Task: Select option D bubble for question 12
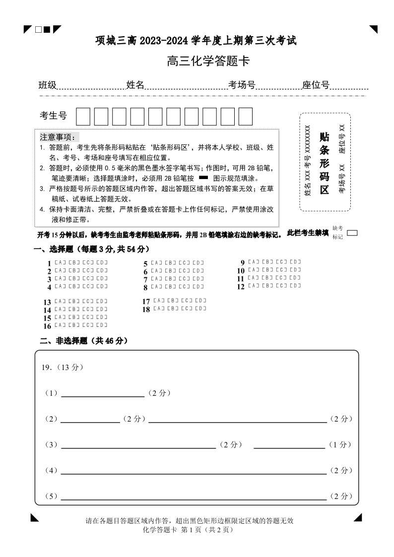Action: [x=295, y=285]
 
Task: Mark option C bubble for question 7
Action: [x=185, y=279]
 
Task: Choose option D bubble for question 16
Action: [x=102, y=325]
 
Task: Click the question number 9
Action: [x=243, y=262]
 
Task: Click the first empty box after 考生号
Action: [x=83, y=117]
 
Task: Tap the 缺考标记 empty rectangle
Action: [x=352, y=232]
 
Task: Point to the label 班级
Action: [x=48, y=85]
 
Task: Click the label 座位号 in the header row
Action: [x=316, y=85]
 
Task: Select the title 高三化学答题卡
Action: [x=208, y=62]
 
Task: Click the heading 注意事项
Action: [x=58, y=137]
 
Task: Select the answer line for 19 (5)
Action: [x=194, y=497]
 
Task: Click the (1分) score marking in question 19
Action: [x=340, y=445]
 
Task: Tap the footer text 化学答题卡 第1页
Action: [x=187, y=529]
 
